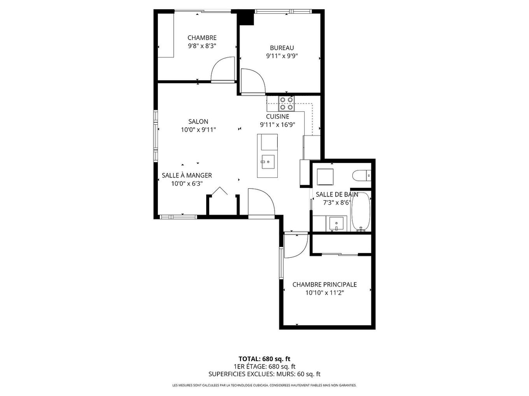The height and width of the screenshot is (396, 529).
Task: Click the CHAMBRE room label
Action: click(202, 38)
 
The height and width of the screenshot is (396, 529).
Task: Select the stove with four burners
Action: click(286, 103)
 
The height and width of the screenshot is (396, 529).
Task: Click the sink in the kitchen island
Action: click(268, 161)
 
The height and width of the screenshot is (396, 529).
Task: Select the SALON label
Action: click(198, 122)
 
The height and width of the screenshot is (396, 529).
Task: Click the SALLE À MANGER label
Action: click(187, 175)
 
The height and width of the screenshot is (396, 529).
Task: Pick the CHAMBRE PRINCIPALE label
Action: click(324, 285)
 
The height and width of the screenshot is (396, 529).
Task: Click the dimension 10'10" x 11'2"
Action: click(324, 293)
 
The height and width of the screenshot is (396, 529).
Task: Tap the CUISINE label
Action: click(277, 116)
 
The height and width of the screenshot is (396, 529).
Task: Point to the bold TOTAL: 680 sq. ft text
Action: click(264, 359)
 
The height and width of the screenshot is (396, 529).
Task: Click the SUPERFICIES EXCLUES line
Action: click(264, 374)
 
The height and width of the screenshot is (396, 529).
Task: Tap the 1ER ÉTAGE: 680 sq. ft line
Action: click(264, 366)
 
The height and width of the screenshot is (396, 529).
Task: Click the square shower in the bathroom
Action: click(325, 177)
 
